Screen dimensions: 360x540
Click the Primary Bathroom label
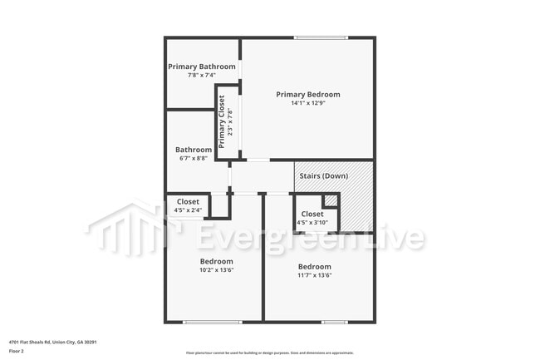202,67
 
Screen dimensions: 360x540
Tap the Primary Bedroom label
308,95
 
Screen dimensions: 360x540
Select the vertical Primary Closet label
223,121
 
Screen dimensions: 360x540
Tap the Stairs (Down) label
323,176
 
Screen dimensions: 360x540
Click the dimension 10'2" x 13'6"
216,270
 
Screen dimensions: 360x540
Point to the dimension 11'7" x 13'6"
315,275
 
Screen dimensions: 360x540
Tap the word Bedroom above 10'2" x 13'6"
216,261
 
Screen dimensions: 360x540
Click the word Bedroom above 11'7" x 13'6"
315,266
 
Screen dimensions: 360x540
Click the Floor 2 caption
16,352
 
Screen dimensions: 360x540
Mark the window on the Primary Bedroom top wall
320,37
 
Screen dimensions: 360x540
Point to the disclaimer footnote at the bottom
269,353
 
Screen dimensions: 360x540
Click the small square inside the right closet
330,200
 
